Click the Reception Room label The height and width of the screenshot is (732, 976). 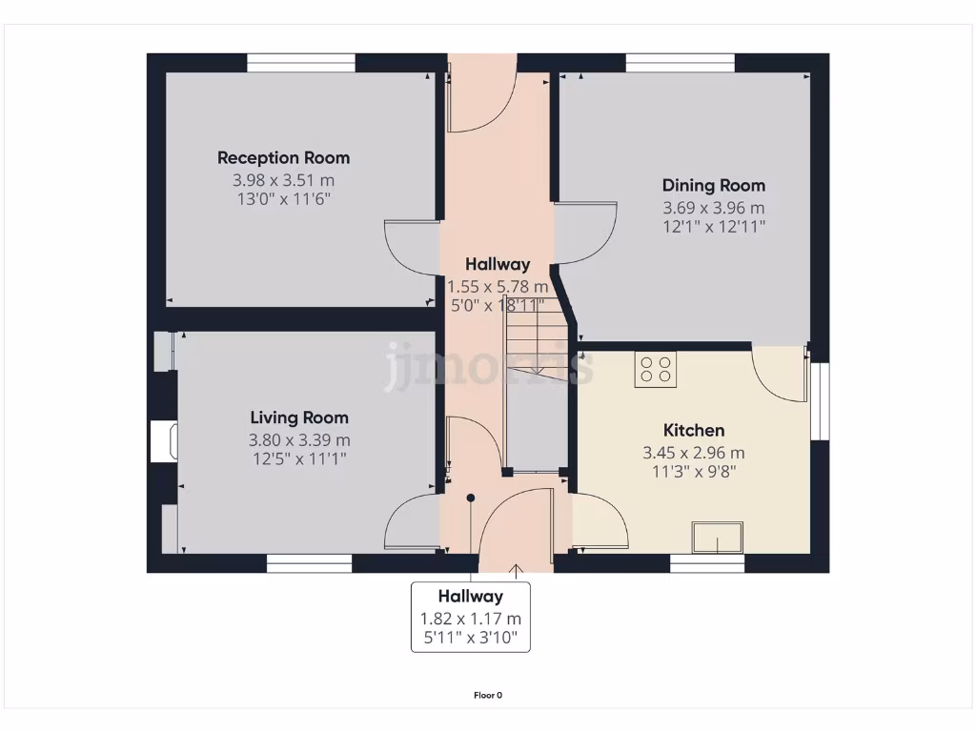283,158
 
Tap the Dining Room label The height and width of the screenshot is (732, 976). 713,186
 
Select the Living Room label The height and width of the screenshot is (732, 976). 299,417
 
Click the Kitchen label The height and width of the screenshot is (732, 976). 694,431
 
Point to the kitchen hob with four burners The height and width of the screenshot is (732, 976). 656,368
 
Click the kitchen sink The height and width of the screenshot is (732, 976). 718,538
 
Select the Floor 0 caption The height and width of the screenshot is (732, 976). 488,695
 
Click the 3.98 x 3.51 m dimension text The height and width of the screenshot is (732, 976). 283,180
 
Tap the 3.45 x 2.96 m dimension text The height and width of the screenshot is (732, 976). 694,453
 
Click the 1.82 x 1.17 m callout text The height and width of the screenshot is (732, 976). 471,619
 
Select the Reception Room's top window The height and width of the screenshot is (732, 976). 301,63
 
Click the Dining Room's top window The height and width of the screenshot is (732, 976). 680,63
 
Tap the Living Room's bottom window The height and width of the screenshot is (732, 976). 309,565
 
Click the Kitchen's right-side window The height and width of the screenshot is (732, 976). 820,400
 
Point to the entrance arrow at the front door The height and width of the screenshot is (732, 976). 517,571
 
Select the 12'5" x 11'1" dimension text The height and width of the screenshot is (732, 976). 299,458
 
